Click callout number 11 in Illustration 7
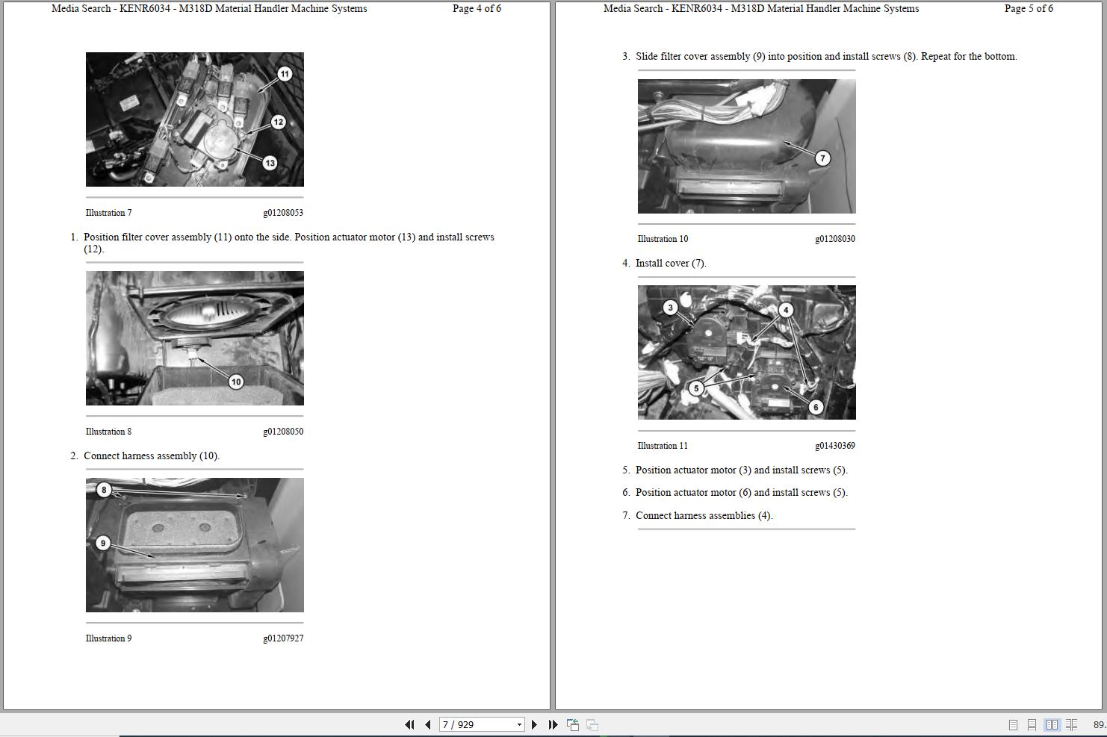click(x=285, y=74)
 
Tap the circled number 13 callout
click(x=270, y=163)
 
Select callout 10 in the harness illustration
click(x=236, y=382)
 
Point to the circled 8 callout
click(x=104, y=490)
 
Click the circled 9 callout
click(x=103, y=544)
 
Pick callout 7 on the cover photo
click(x=822, y=158)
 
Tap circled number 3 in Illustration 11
click(x=670, y=308)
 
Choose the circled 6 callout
click(x=816, y=408)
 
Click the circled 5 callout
click(x=696, y=388)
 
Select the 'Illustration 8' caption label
click(x=109, y=432)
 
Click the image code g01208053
click(x=283, y=213)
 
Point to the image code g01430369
click(x=835, y=446)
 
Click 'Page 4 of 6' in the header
click(x=477, y=8)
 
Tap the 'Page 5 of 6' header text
click(x=1029, y=8)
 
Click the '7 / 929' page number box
click(x=482, y=724)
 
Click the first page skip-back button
click(x=409, y=724)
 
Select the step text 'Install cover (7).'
click(x=671, y=264)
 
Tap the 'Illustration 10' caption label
click(x=663, y=239)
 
